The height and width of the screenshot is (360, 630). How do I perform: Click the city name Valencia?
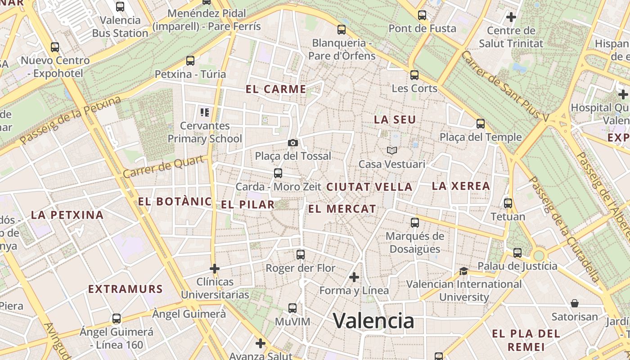(373, 320)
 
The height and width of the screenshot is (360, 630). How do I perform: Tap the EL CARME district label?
(276, 89)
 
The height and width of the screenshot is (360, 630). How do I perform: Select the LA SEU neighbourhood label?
(395, 120)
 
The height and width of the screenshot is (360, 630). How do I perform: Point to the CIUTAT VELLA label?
(369, 187)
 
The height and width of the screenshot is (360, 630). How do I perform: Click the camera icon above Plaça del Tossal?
(293, 143)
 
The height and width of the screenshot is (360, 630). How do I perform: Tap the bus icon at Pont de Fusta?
(422, 15)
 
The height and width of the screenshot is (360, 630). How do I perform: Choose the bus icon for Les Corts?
(414, 75)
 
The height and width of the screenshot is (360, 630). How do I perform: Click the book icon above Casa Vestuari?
(391, 150)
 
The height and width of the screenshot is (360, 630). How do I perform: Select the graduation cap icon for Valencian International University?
(463, 271)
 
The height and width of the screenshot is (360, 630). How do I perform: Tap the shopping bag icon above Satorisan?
(574, 303)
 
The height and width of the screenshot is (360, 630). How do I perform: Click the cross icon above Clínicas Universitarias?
(215, 269)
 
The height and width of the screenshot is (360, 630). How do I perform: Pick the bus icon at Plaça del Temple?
(481, 124)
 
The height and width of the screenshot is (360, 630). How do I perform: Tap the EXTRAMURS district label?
(125, 289)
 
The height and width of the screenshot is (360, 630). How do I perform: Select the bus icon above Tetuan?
(508, 203)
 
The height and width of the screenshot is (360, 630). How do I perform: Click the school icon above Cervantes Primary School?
(205, 112)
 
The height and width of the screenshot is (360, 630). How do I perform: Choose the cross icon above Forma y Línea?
(354, 277)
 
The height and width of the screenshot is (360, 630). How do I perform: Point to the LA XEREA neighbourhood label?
(461, 186)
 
